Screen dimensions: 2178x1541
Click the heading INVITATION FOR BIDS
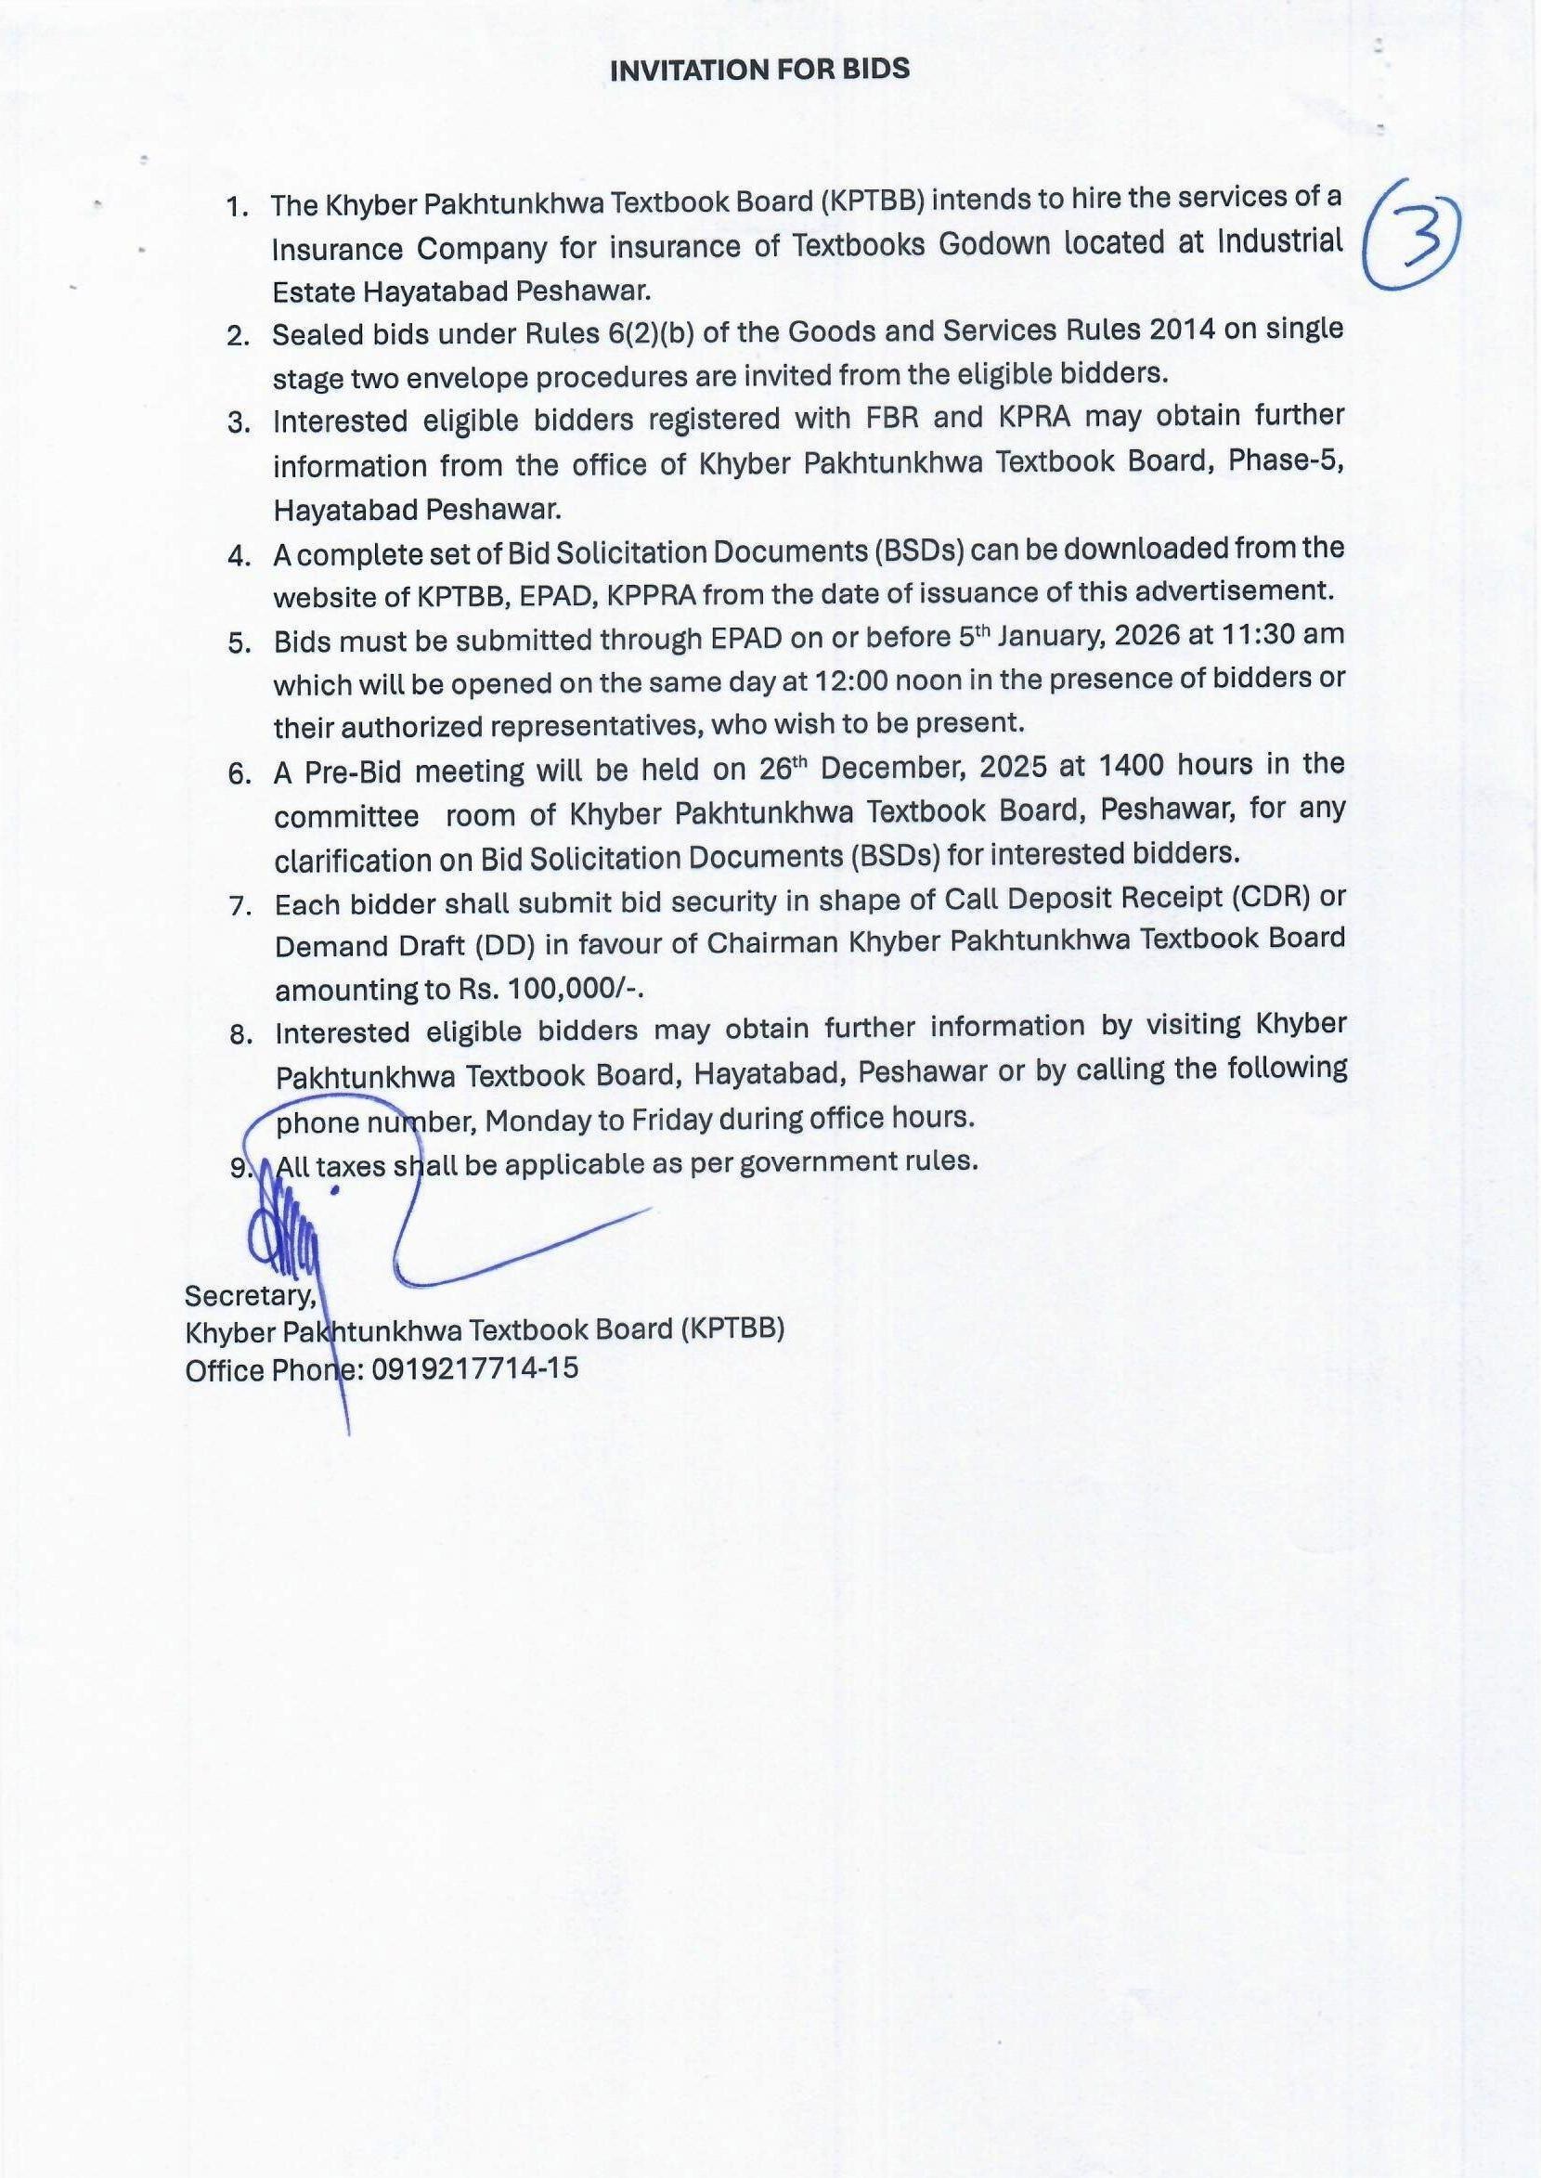coord(759,71)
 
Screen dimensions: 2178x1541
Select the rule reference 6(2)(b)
coord(642,332)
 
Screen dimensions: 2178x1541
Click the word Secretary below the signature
coord(251,1295)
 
